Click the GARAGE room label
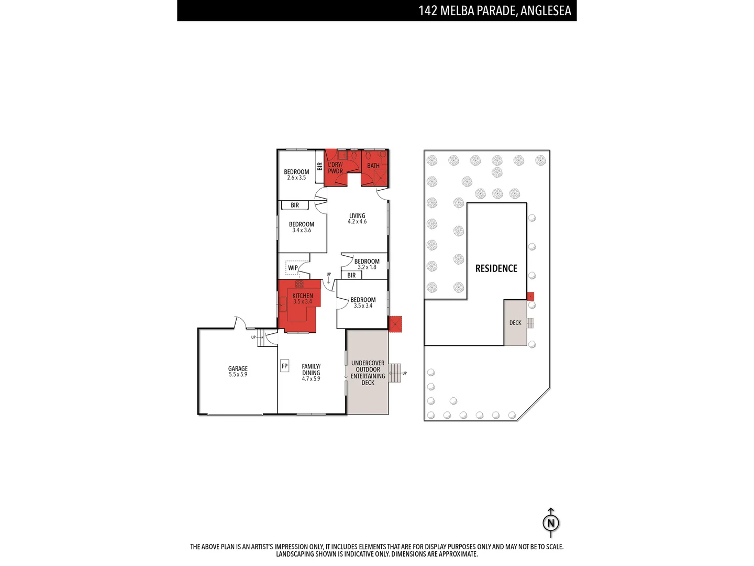(238, 369)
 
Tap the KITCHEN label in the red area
(303, 296)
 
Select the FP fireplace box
(284, 366)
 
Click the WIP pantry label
(293, 268)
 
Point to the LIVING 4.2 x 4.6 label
(357, 219)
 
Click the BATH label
(373, 166)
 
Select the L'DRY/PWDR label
(335, 168)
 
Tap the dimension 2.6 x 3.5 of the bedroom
(296, 178)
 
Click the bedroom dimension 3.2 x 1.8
(367, 267)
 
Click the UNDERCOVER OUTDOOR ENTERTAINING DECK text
(368, 373)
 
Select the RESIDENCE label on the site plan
(496, 268)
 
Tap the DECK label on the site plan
(515, 323)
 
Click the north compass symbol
(551, 523)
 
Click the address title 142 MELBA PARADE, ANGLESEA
(494, 10)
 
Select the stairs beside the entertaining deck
(395, 373)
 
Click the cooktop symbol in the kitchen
(299, 284)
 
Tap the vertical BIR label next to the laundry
(320, 166)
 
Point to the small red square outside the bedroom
(395, 324)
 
